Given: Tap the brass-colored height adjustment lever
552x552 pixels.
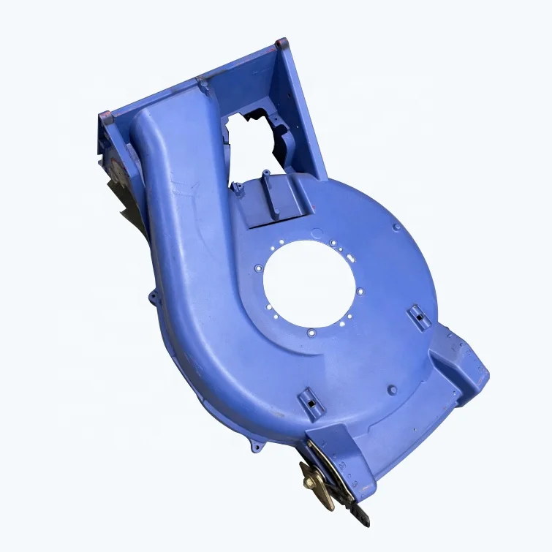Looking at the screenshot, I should (x=322, y=480).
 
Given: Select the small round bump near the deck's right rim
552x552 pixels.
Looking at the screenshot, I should (x=396, y=227).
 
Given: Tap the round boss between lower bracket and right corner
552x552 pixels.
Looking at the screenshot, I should (x=393, y=390).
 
